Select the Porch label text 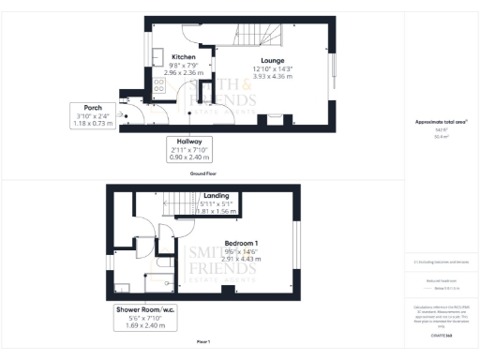(93, 107)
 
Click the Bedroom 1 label (241, 244)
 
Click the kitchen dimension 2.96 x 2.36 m (182, 72)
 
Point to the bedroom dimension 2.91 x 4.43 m (241, 260)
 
